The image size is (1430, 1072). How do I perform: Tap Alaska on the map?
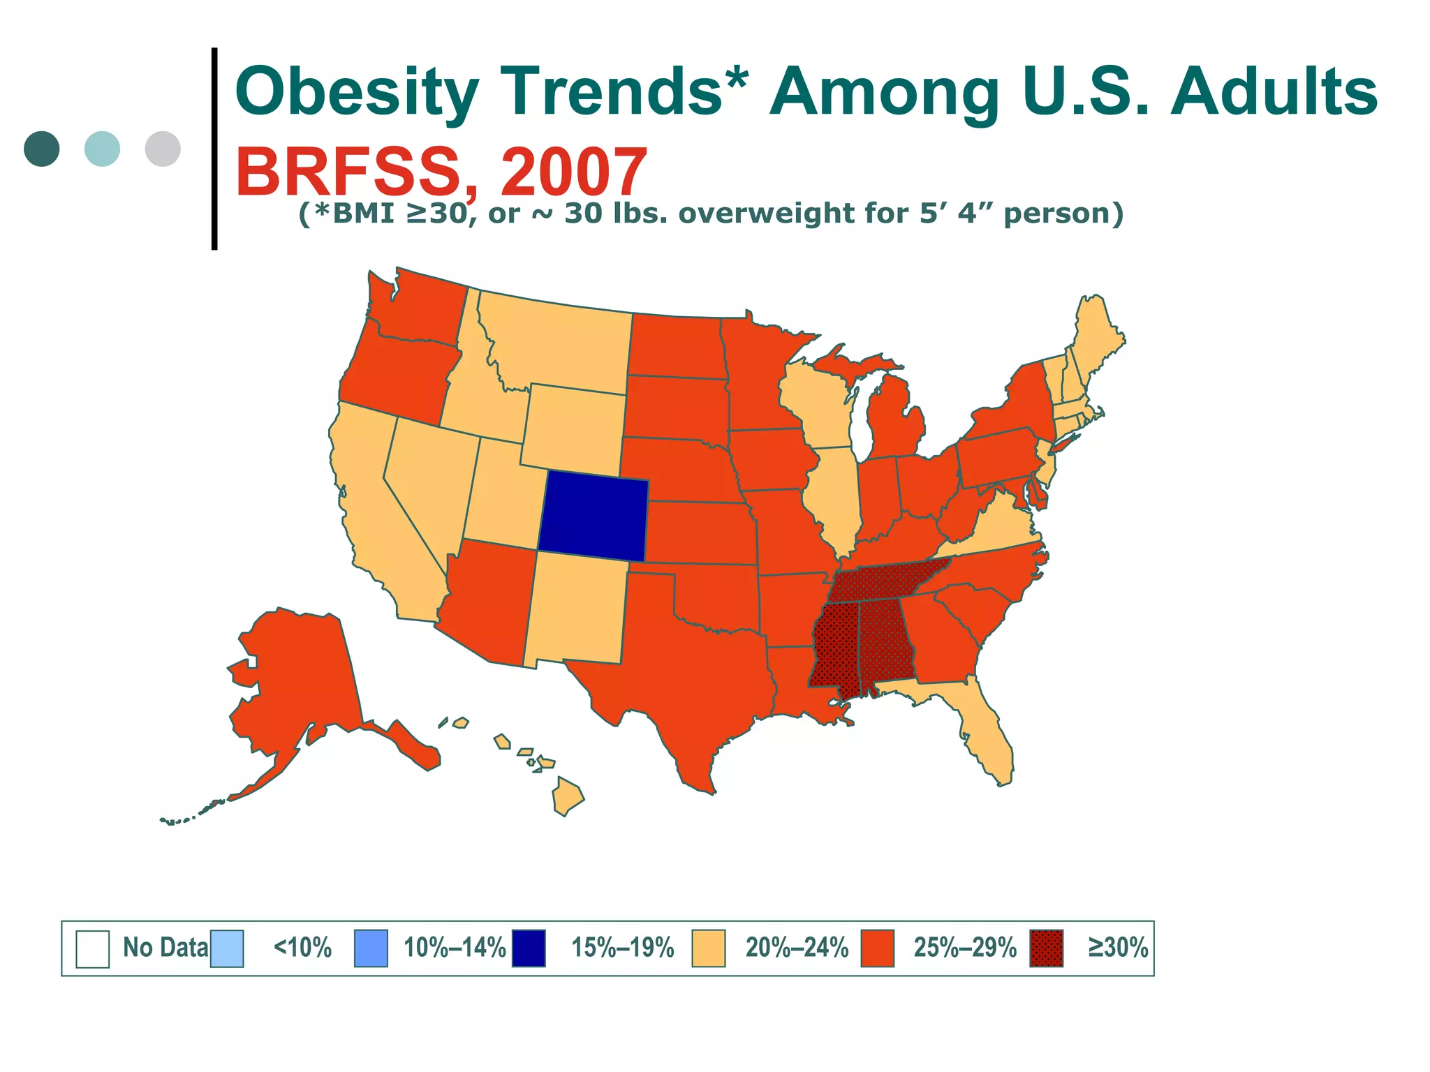pos(300,684)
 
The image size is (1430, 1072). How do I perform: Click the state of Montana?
pos(559,342)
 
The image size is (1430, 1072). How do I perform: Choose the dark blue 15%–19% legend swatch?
pos(529,948)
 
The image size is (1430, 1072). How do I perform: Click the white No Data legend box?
pos(92,948)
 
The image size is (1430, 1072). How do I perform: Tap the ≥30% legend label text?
pos(1117,948)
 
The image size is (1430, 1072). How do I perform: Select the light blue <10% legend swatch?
pos(227,948)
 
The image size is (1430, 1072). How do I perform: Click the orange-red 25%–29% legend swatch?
pos(877,948)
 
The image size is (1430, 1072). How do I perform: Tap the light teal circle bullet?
pos(102,149)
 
